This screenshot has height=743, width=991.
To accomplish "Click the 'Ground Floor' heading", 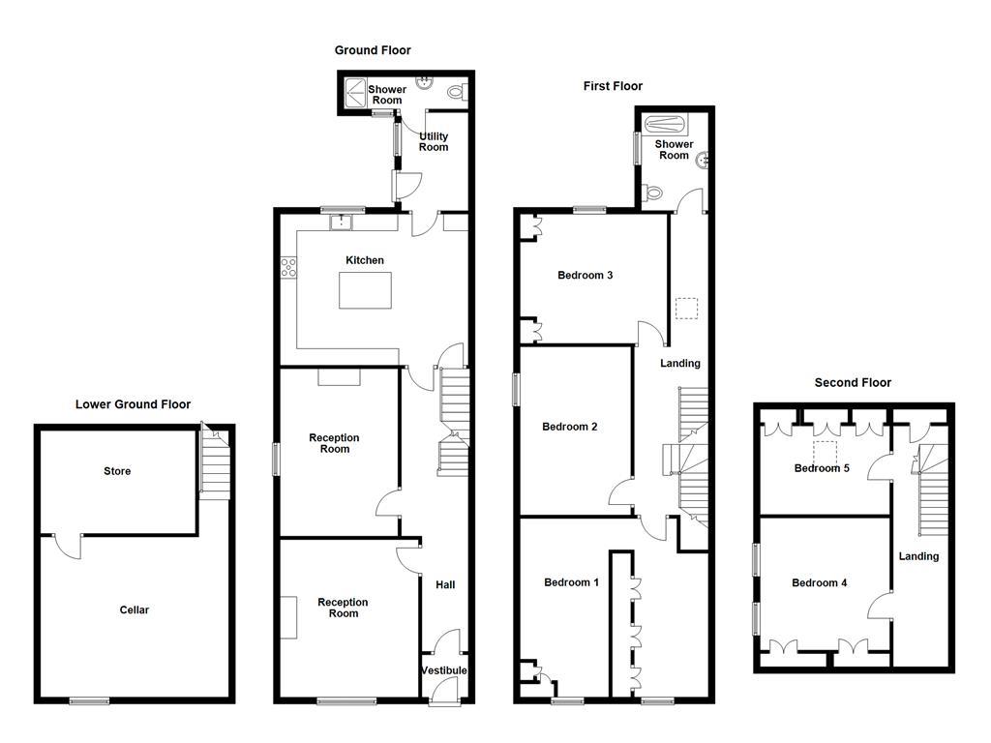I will click(x=373, y=50).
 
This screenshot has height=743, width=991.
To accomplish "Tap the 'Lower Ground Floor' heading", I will click(x=133, y=404).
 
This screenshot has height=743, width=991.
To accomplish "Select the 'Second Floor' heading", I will click(x=852, y=382).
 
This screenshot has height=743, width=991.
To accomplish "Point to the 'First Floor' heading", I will click(x=613, y=86).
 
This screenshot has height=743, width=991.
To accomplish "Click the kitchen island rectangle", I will click(x=365, y=290).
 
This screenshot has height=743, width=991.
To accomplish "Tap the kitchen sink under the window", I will click(x=340, y=223).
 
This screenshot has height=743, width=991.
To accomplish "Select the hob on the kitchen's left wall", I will click(x=287, y=268).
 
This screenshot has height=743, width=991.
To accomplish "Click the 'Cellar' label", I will click(x=134, y=610).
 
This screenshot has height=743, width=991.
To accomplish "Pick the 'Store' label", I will click(x=117, y=471).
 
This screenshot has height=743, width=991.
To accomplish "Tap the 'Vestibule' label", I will click(x=444, y=670).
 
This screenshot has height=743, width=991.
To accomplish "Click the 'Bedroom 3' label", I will click(x=585, y=275).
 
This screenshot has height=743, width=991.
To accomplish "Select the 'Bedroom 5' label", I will click(x=822, y=468).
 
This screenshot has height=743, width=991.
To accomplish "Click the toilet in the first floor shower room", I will click(x=652, y=193).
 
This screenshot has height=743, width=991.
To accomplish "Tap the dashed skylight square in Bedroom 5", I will click(x=826, y=451).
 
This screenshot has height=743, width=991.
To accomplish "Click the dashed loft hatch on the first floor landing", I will click(x=685, y=309).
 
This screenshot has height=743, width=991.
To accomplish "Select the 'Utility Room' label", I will click(x=433, y=141).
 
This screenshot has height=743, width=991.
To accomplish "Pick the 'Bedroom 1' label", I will click(x=571, y=582).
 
